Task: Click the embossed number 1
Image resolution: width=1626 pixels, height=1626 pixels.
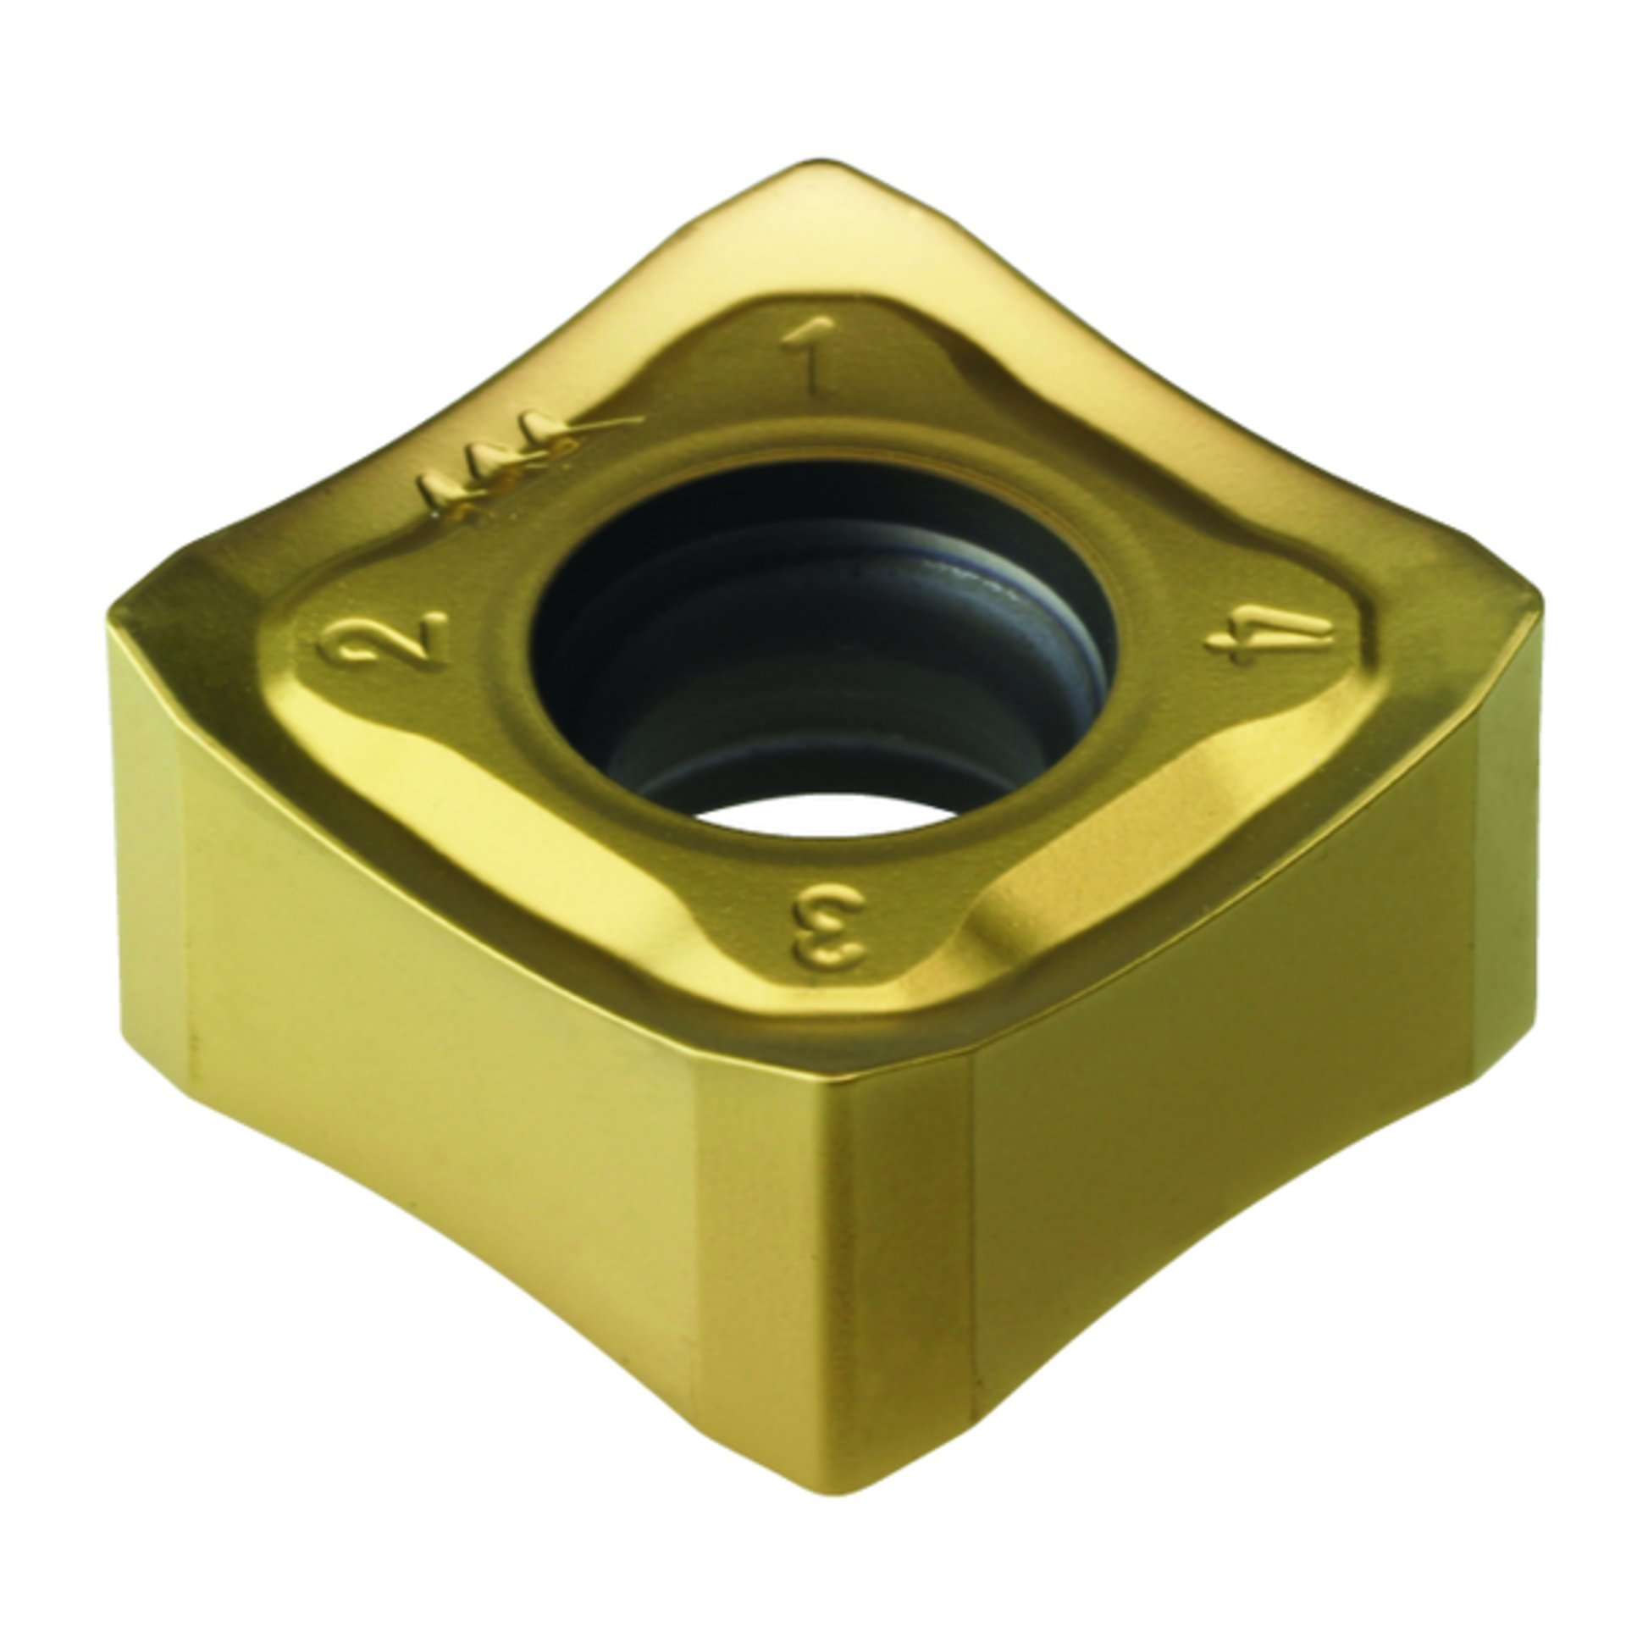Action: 805,359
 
